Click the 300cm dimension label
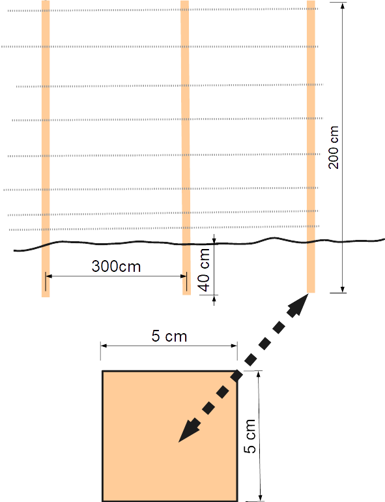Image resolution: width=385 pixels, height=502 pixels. pos(116,267)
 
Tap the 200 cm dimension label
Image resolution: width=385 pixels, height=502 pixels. pos(334,147)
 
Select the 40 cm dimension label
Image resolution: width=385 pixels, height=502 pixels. pos(204,271)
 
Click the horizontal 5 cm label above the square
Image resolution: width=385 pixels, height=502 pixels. pos(169,336)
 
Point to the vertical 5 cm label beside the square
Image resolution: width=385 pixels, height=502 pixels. pos(250,436)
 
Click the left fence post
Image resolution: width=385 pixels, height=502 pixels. pos(46,149)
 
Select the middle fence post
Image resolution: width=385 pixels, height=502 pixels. pos(185,147)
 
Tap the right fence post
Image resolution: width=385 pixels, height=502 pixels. pos(311,146)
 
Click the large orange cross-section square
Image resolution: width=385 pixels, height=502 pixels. pos(169,436)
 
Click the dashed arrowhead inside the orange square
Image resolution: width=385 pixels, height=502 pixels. pos(189,431)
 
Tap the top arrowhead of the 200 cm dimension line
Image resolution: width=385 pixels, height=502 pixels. pos(343,6)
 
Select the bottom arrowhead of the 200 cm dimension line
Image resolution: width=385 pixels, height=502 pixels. pos(343,289)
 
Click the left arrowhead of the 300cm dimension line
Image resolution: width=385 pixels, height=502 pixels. pos(49,276)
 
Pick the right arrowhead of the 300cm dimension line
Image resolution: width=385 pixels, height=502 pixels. pos(183,276)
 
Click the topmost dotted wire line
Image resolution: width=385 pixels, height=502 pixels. pos(163,10)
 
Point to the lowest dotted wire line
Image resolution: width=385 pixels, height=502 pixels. pos(164,228)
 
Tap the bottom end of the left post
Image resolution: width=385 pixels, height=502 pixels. pos(46,297)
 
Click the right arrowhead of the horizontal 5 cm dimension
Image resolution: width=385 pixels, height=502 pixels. pos(234,346)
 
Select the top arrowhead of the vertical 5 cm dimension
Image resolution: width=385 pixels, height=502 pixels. pos(259,375)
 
